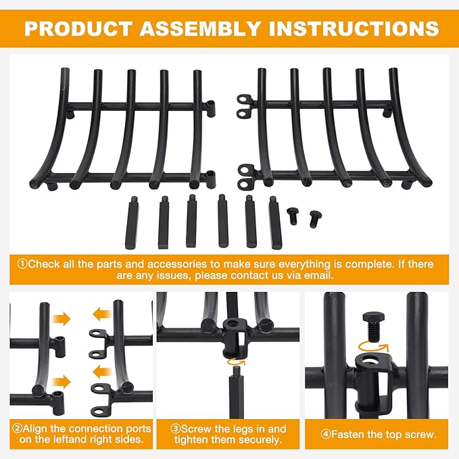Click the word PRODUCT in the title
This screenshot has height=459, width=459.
78,28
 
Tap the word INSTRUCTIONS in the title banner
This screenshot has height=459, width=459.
354,28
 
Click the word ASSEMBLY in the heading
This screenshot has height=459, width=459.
200,28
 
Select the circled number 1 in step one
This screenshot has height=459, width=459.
22,264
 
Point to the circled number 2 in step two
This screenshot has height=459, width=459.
18,429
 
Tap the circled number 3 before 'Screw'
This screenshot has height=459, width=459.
176,429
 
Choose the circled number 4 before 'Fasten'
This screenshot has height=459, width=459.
326,434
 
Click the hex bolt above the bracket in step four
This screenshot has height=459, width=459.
374,327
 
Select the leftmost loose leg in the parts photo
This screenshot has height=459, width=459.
132,223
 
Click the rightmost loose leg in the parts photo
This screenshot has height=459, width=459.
275,223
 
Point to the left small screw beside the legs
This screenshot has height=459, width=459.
293,216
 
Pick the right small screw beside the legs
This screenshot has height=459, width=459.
315,218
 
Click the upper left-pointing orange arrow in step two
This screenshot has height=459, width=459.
102,314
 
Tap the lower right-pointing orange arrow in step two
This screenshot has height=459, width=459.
62,382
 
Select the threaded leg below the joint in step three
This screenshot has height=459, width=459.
236,391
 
